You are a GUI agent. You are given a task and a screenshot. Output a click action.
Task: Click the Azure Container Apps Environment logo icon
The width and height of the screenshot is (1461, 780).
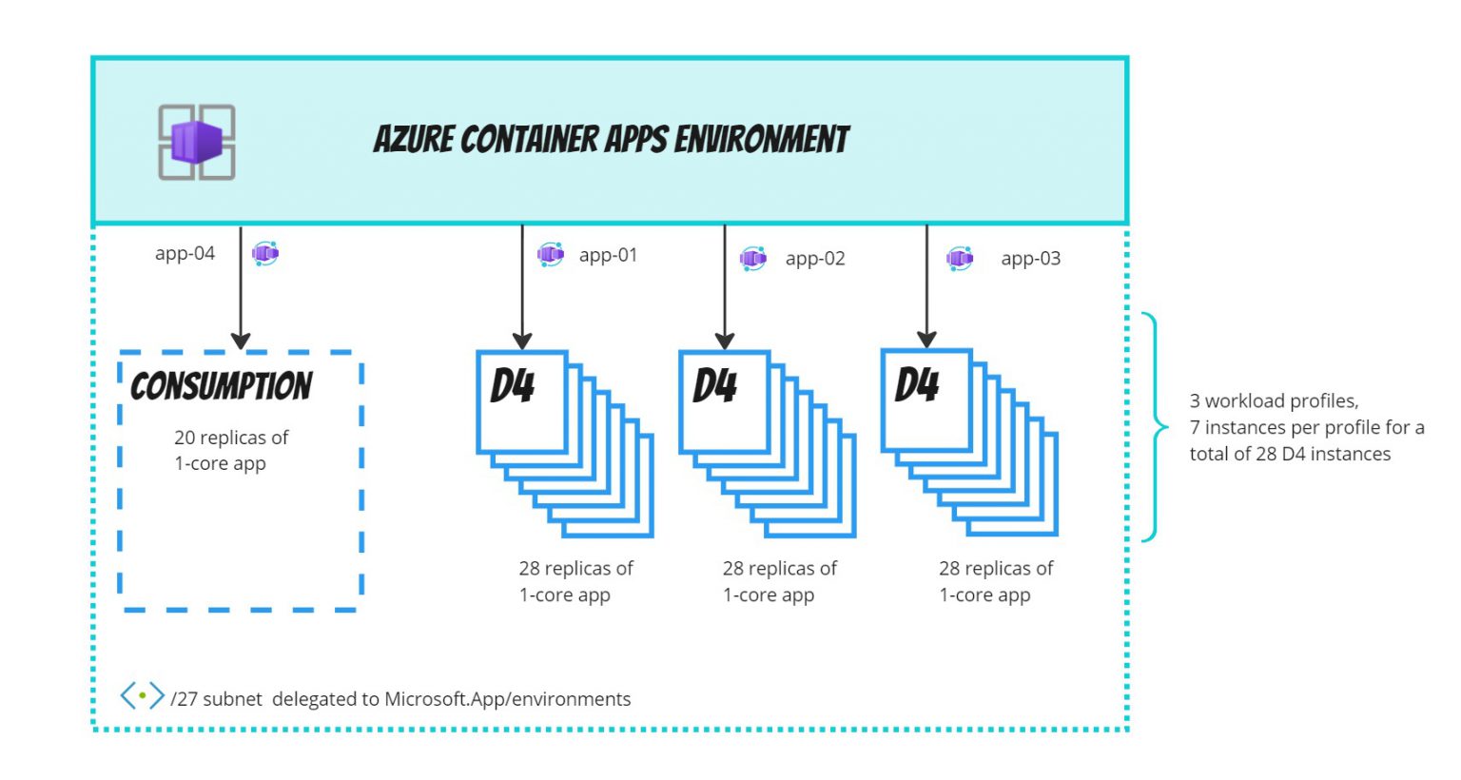pyautogui.click(x=196, y=143)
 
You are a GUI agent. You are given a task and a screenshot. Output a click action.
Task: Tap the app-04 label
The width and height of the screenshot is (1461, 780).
pyautogui.click(x=185, y=254)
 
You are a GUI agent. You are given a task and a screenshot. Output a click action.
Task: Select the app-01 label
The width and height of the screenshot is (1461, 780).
pyautogui.click(x=608, y=255)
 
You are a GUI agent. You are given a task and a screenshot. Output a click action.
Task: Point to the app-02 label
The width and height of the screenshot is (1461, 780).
pyautogui.click(x=815, y=259)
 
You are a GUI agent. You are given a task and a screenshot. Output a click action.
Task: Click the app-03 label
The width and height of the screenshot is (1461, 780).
pyautogui.click(x=1030, y=259)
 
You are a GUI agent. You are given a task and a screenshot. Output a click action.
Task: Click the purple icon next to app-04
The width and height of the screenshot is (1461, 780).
pyautogui.click(x=264, y=254)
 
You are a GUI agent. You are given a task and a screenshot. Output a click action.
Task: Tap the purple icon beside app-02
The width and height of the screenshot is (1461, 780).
pyautogui.click(x=752, y=259)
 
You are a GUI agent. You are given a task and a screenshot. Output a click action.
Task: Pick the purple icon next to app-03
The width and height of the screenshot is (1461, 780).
pyautogui.click(x=960, y=259)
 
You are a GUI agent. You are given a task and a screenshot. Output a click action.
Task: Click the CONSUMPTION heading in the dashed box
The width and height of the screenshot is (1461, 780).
pyautogui.click(x=221, y=386)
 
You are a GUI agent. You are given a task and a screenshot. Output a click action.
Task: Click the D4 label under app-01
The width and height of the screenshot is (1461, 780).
pyautogui.click(x=513, y=386)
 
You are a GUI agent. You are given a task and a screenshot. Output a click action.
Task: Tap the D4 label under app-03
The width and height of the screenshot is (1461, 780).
pyautogui.click(x=917, y=385)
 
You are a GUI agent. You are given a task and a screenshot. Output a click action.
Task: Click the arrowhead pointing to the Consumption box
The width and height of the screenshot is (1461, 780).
pyautogui.click(x=241, y=341)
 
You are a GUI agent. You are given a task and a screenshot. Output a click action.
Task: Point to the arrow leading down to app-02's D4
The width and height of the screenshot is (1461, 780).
pyautogui.click(x=725, y=285)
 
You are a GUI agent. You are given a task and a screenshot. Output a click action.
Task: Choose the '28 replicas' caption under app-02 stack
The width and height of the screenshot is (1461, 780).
pyautogui.click(x=778, y=581)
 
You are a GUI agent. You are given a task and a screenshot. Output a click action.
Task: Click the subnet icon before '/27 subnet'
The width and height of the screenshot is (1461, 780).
pyautogui.click(x=142, y=696)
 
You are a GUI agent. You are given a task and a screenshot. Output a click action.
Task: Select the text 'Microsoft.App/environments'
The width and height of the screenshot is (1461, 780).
pyautogui.click(x=507, y=699)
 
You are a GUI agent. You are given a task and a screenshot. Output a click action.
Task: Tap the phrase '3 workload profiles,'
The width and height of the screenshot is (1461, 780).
pyautogui.click(x=1273, y=400)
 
